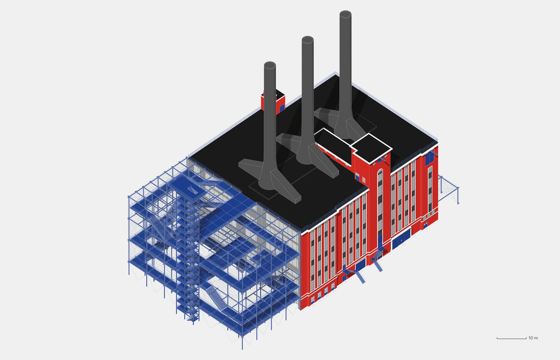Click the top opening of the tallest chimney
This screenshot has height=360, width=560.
click(345, 14)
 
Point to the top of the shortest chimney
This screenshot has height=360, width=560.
click(270, 65)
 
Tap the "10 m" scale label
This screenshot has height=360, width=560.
click(533, 338)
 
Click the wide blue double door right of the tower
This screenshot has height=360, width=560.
click(401, 239)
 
